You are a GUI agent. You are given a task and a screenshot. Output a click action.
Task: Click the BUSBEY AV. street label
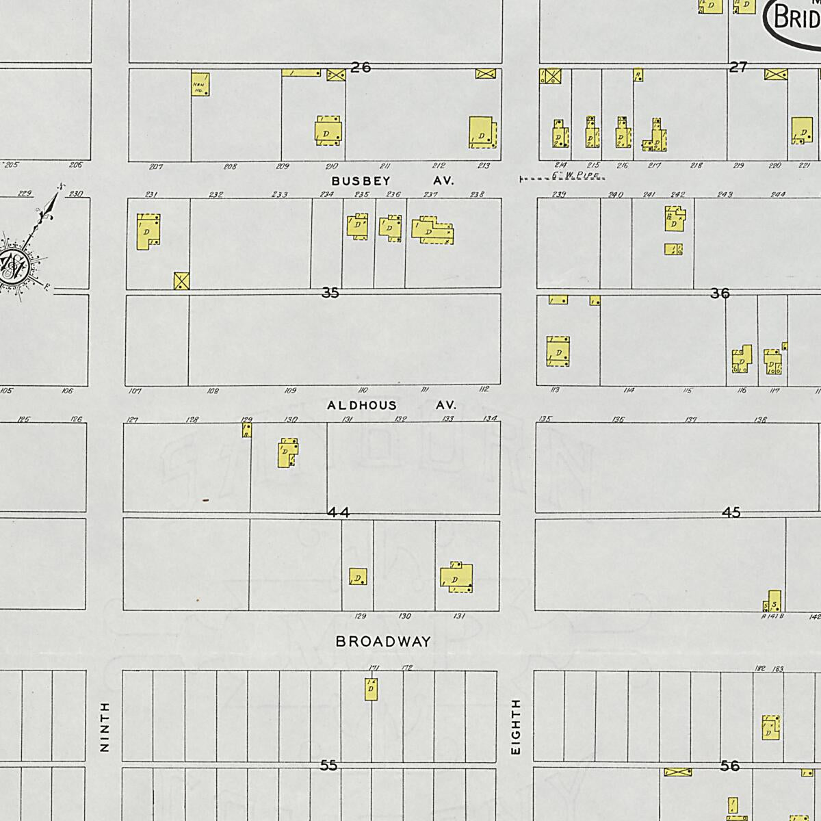392,181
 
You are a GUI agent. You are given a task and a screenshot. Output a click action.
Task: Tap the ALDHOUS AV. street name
390,405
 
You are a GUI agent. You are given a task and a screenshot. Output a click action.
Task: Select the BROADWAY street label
383,642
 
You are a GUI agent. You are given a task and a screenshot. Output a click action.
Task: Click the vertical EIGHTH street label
516,727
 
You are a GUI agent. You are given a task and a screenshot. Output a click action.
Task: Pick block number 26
361,67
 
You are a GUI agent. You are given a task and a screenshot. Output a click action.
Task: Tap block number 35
330,293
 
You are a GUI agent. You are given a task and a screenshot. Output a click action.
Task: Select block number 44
338,512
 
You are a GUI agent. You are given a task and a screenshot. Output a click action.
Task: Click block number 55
329,766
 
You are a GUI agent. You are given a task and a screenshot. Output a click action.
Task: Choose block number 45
731,512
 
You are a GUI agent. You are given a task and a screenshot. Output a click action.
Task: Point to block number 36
720,294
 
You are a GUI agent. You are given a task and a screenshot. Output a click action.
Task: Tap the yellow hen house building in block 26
200,84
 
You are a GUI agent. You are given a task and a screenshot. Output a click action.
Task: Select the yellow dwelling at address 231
148,231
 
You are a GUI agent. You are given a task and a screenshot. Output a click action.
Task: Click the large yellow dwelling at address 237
431,231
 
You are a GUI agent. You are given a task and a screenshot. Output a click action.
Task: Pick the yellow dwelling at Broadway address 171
371,689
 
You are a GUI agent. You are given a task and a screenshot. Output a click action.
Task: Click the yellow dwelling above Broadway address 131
456,578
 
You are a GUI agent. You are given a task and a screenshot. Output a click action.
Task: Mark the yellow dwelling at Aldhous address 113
558,352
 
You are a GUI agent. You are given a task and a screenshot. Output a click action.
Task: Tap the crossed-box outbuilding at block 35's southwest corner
181,281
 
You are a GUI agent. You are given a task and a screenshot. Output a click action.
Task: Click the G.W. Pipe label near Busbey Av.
575,176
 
